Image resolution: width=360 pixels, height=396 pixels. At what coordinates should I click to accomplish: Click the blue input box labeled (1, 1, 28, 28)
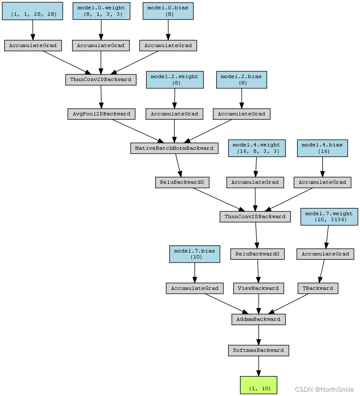[32, 11]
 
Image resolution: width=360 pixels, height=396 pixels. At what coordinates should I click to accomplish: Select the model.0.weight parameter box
[101, 11]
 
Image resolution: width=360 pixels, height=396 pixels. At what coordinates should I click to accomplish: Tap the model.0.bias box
[168, 11]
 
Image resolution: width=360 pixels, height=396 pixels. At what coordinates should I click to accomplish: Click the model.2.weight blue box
[174, 80]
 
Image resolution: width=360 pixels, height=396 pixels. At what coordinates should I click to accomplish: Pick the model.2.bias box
[241, 80]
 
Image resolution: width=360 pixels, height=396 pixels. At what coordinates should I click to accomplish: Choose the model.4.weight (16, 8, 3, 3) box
[256, 148]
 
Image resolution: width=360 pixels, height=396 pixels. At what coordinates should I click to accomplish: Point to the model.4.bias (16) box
[322, 148]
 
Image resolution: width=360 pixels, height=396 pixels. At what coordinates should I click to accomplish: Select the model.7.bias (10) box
[194, 254]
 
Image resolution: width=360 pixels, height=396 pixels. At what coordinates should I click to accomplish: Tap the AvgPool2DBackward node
[101, 114]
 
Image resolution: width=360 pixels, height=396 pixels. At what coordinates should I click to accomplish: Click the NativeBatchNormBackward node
[174, 148]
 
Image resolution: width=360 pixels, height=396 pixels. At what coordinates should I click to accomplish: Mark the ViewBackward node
[258, 288]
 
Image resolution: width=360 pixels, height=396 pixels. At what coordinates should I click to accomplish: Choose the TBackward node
[318, 288]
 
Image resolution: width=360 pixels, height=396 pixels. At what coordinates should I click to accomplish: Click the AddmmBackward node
[258, 319]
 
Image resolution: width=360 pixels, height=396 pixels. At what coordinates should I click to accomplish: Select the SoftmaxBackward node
[258, 351]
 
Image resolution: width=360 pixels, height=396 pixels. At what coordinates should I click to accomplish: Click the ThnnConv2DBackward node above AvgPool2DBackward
[100, 79]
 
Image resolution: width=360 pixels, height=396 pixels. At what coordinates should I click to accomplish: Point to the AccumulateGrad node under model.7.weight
[325, 254]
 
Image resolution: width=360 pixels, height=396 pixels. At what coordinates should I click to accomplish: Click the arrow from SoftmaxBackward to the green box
[258, 366]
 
